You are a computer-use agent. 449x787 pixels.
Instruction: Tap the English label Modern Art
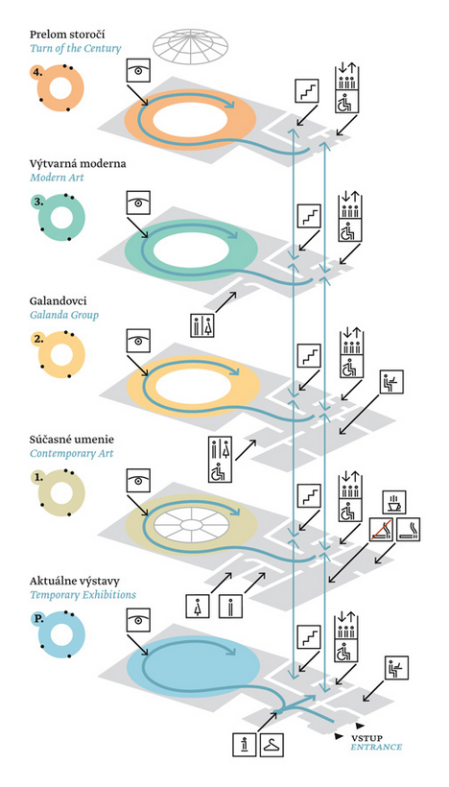pyautogui.click(x=57, y=178)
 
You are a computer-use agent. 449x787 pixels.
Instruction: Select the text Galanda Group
pyautogui.click(x=63, y=315)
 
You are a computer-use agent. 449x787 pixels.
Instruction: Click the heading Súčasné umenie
pyautogui.click(x=72, y=440)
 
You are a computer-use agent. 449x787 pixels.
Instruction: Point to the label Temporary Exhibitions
pyautogui.click(x=83, y=595)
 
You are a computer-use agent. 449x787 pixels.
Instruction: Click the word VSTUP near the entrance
pyautogui.click(x=366, y=738)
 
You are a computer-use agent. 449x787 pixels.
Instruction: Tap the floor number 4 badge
pyautogui.click(x=36, y=72)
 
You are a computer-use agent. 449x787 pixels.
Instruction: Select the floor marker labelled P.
pyautogui.click(x=38, y=619)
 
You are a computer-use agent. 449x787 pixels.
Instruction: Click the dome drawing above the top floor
pyautogui.click(x=191, y=49)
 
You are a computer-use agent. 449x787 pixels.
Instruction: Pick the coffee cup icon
pyautogui.click(x=393, y=502)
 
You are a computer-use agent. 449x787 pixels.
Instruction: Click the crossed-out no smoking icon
pyautogui.click(x=382, y=529)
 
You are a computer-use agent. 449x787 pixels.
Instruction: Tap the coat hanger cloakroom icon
pyautogui.click(x=272, y=745)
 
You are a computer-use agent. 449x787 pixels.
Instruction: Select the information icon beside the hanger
pyautogui.click(x=245, y=745)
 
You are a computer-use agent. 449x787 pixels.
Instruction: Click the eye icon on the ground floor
pyautogui.click(x=138, y=621)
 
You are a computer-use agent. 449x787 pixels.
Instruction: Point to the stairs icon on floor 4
pyautogui.click(x=306, y=91)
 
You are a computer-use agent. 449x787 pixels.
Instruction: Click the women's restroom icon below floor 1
pyautogui.click(x=199, y=607)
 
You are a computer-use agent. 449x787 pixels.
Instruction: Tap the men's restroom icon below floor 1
pyautogui.click(x=231, y=607)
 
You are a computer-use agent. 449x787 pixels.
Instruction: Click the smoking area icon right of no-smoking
pyautogui.click(x=409, y=529)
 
